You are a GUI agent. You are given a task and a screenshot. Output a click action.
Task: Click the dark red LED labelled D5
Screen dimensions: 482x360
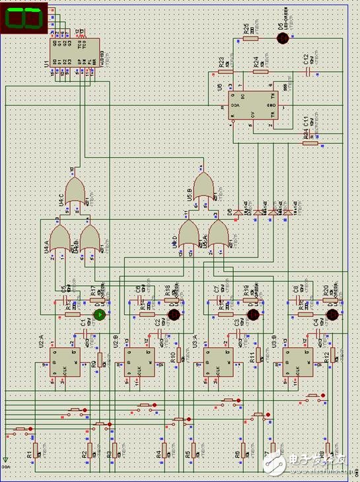click(x=283, y=39)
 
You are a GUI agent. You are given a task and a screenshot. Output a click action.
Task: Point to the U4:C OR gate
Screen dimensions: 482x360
click(x=77, y=191)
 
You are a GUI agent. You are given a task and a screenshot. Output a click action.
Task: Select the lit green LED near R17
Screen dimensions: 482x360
click(x=99, y=314)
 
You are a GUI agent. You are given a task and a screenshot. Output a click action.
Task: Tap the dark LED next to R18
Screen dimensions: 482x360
click(x=174, y=314)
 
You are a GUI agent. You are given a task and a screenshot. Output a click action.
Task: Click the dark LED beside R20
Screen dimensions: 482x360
click(x=332, y=314)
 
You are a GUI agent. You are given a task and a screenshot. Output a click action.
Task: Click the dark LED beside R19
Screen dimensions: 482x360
click(x=252, y=314)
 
